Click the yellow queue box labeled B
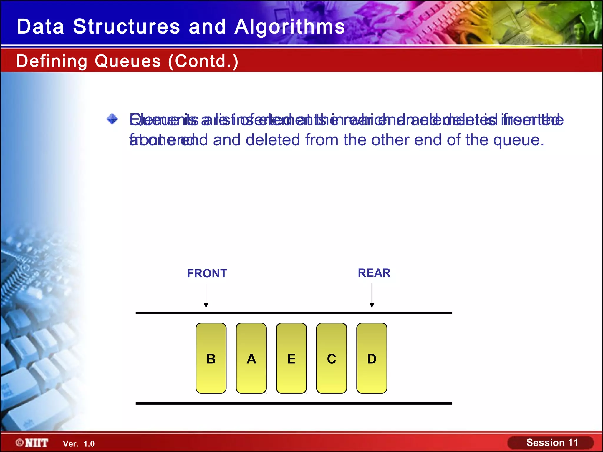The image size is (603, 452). pyautogui.click(x=211, y=358)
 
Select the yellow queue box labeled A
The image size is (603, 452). pyautogui.click(x=251, y=358)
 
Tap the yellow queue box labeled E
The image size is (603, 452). pyautogui.click(x=291, y=358)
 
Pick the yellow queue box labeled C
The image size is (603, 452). pyautogui.click(x=332, y=358)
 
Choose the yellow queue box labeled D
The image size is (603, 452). pyautogui.click(x=372, y=358)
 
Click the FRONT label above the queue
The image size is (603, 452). pyautogui.click(x=207, y=274)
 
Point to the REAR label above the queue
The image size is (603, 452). pyautogui.click(x=374, y=273)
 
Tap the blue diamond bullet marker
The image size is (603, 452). pyautogui.click(x=112, y=119)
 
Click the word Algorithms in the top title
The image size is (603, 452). pyautogui.click(x=290, y=27)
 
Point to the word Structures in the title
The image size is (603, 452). pyautogui.click(x=126, y=27)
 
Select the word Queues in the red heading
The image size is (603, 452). pyautogui.click(x=128, y=61)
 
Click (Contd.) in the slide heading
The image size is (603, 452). pyautogui.click(x=203, y=61)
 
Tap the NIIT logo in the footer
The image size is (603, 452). pyautogui.click(x=32, y=443)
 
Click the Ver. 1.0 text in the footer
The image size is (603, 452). pyautogui.click(x=79, y=444)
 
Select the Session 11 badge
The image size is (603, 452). pyautogui.click(x=552, y=443)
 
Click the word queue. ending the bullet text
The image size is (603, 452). pyautogui.click(x=518, y=140)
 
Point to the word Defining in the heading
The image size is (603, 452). pyautogui.click(x=52, y=61)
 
